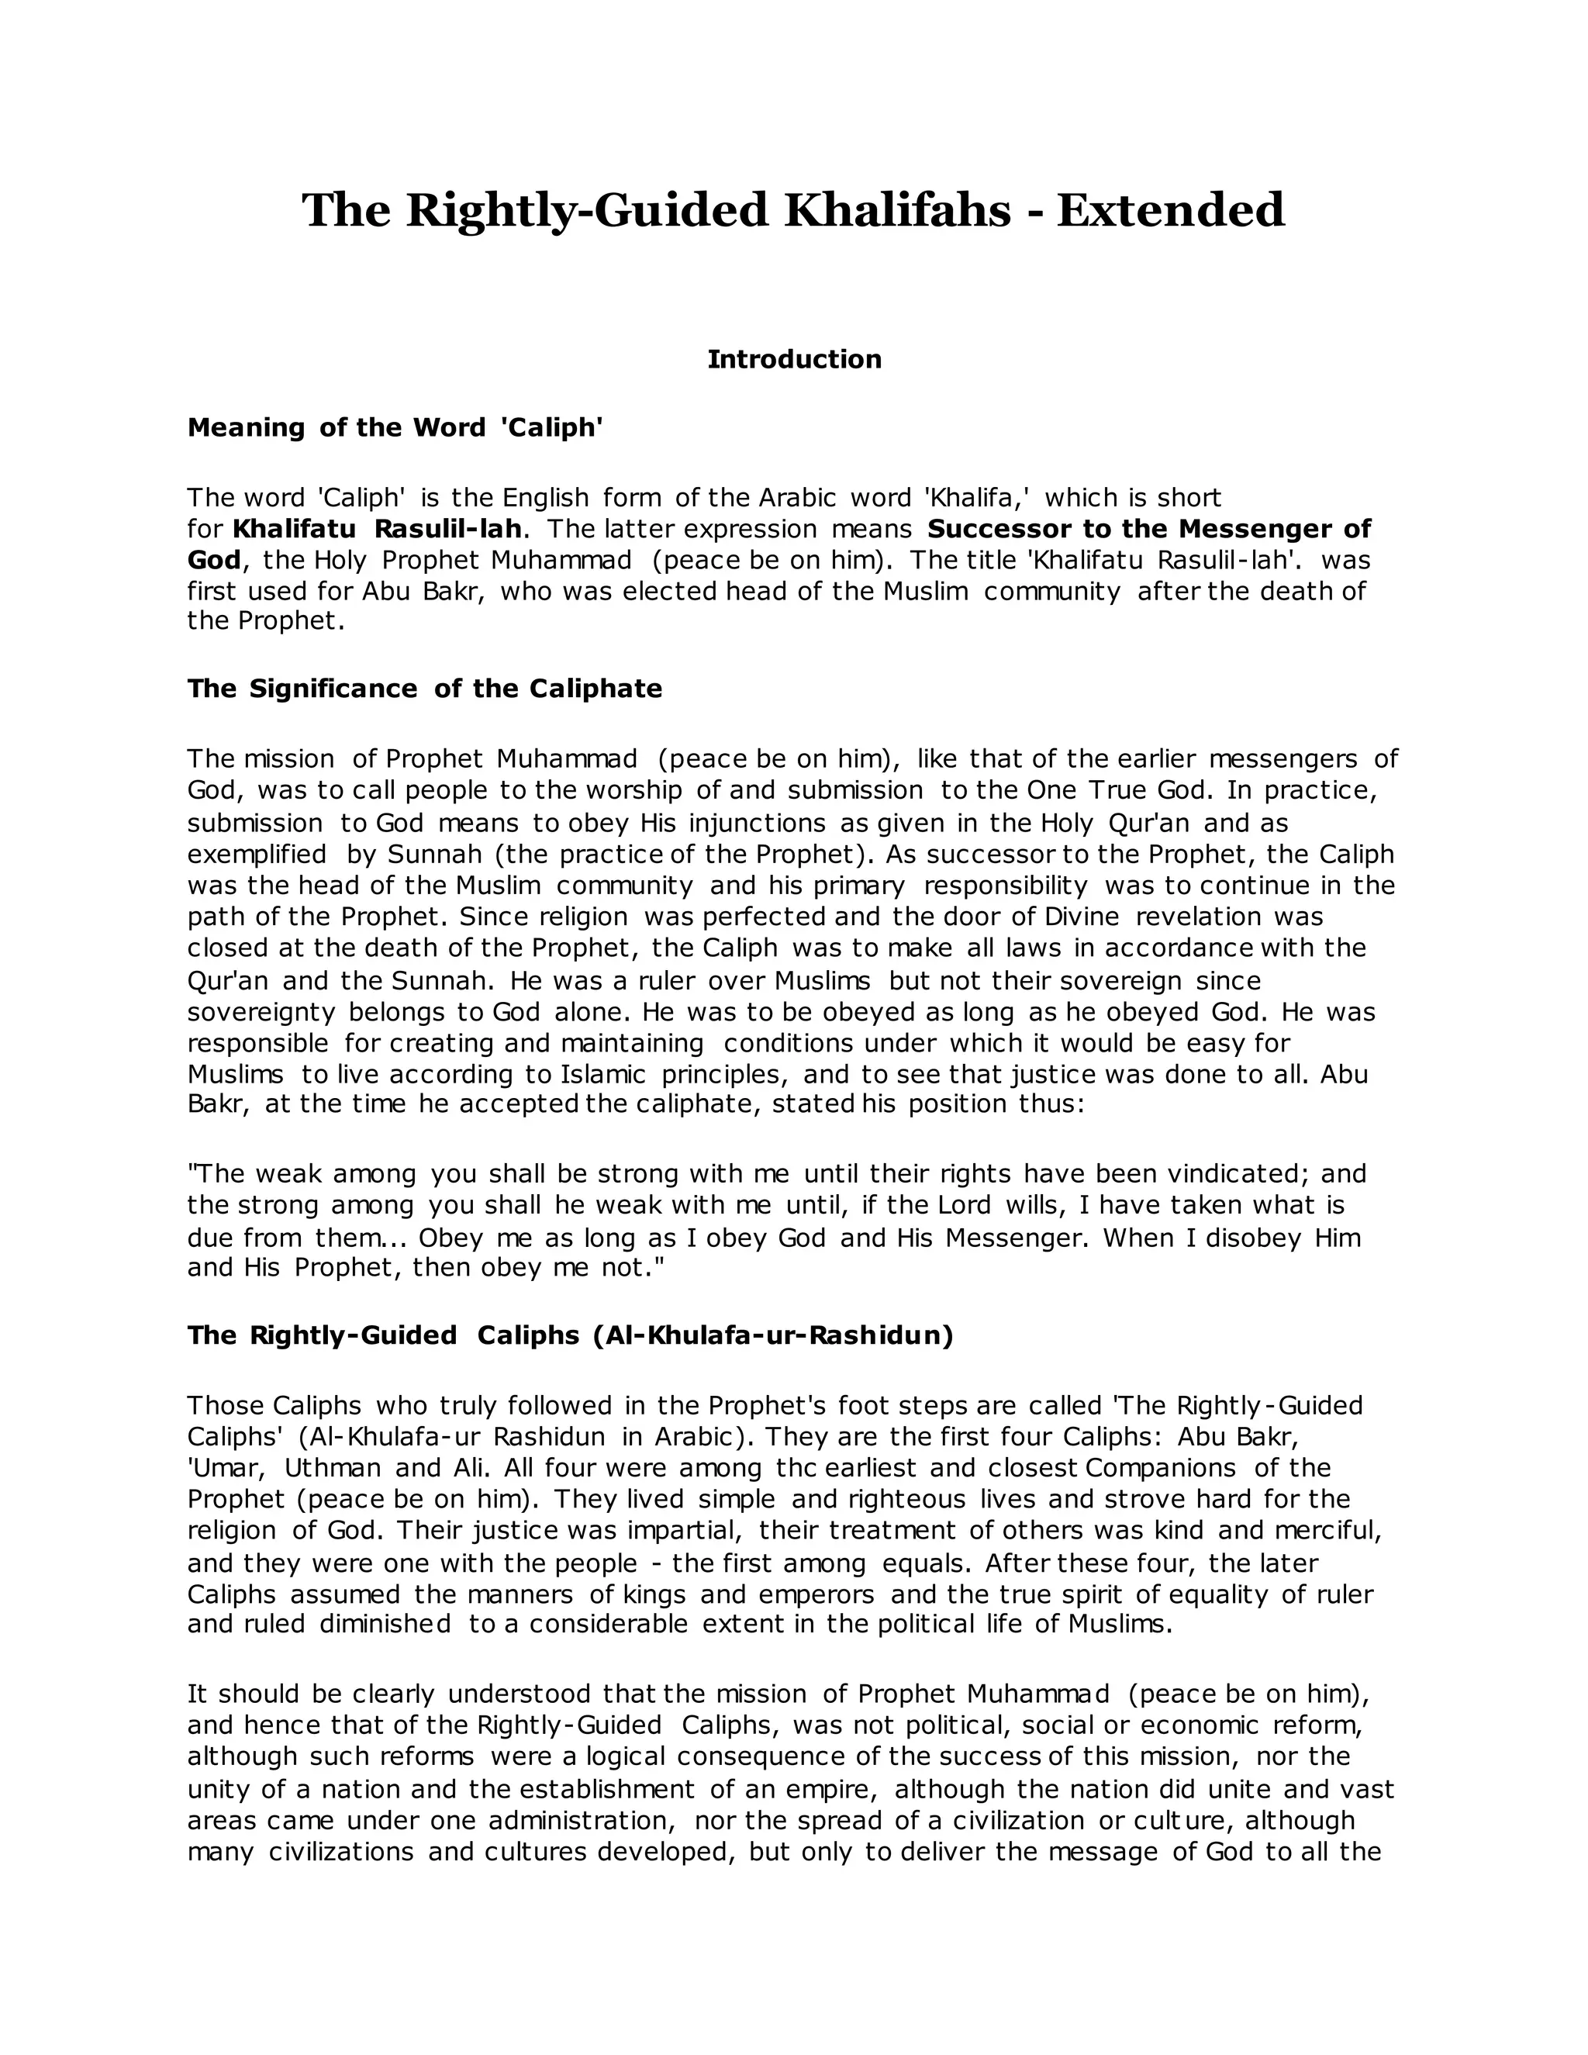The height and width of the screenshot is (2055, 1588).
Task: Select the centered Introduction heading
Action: (x=794, y=360)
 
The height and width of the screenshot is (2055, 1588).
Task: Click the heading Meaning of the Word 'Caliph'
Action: (x=395, y=428)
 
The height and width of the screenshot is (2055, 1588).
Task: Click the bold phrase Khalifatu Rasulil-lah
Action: (x=376, y=529)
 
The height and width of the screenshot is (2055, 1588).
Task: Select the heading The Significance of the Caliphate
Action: (x=424, y=689)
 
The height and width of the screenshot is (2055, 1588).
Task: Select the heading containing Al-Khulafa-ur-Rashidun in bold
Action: (x=570, y=1336)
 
